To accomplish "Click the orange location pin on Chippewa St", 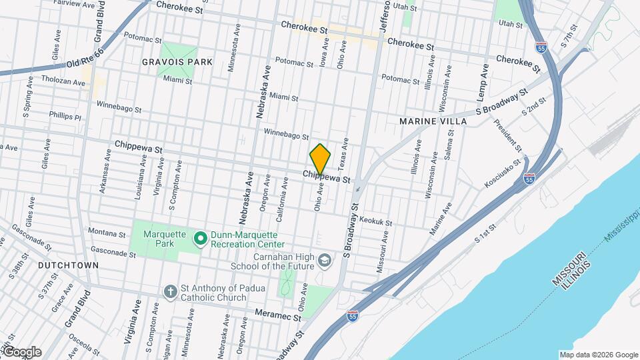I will (x=321, y=159).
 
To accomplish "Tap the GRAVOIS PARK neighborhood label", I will (x=177, y=62).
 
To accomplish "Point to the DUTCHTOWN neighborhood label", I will (x=68, y=265).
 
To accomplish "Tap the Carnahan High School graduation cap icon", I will (x=324, y=260).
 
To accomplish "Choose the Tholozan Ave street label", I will (x=64, y=83).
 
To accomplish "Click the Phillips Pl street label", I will (x=65, y=117).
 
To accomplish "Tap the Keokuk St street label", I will (x=375, y=220).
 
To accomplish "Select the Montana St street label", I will (x=106, y=234).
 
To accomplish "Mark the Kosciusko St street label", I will (x=503, y=172).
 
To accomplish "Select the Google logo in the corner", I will (x=21, y=351).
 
